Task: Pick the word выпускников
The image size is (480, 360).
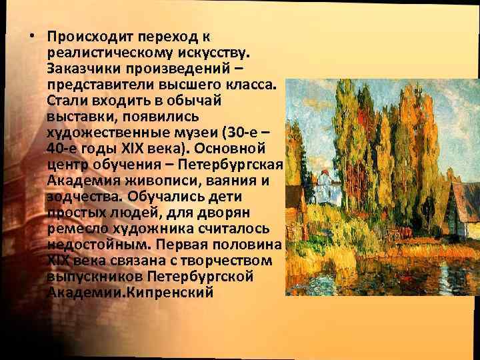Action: click(x=90, y=276)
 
